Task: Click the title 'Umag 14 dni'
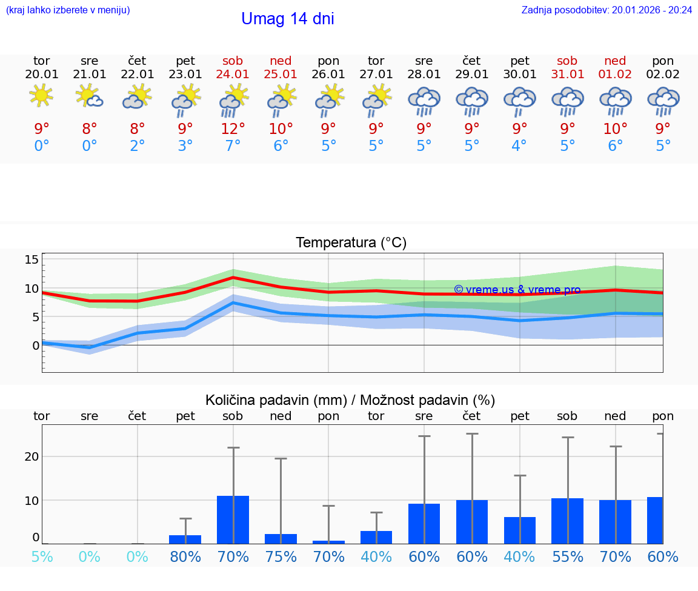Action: (x=287, y=19)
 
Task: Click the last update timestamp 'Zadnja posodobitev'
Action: (x=607, y=10)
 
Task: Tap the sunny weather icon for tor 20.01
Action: (x=41, y=95)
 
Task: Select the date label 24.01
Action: (x=233, y=74)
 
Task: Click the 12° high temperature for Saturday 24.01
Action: (x=233, y=129)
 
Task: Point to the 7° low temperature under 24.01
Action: (x=233, y=146)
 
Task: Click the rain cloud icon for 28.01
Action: (x=424, y=100)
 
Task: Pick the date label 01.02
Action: (x=615, y=74)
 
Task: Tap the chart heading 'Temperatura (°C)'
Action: (x=351, y=243)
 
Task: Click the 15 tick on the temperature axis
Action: (x=32, y=259)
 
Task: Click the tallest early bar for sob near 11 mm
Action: (x=233, y=519)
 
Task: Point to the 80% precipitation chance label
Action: (x=185, y=556)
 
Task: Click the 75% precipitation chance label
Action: (x=281, y=556)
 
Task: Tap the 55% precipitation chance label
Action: (x=567, y=556)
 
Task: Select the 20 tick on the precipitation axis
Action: (x=32, y=456)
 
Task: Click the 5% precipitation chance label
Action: (x=41, y=556)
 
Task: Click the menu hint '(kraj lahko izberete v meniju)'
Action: (x=68, y=10)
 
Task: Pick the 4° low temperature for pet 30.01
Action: (x=519, y=146)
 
